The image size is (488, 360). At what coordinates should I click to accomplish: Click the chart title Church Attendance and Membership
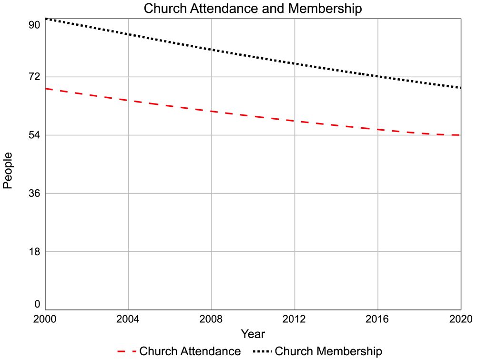(x=253, y=9)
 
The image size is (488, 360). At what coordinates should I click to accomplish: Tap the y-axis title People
(x=8, y=170)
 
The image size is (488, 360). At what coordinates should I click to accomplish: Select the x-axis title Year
(x=253, y=333)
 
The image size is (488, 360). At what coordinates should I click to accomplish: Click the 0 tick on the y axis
(x=36, y=304)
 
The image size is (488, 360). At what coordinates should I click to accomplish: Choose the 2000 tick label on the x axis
(x=45, y=319)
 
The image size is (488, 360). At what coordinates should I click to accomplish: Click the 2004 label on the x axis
(x=128, y=319)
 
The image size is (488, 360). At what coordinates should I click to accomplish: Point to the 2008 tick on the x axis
(x=212, y=319)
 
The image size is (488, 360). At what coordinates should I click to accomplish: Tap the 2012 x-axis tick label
(x=295, y=319)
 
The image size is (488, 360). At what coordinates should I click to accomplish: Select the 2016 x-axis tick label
(x=378, y=319)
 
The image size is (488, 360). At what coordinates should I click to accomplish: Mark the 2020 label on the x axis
(x=460, y=319)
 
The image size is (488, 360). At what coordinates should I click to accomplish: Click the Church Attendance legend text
(x=190, y=351)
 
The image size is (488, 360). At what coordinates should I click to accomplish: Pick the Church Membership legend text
(x=328, y=351)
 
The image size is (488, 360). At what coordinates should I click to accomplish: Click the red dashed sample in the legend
(x=126, y=351)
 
